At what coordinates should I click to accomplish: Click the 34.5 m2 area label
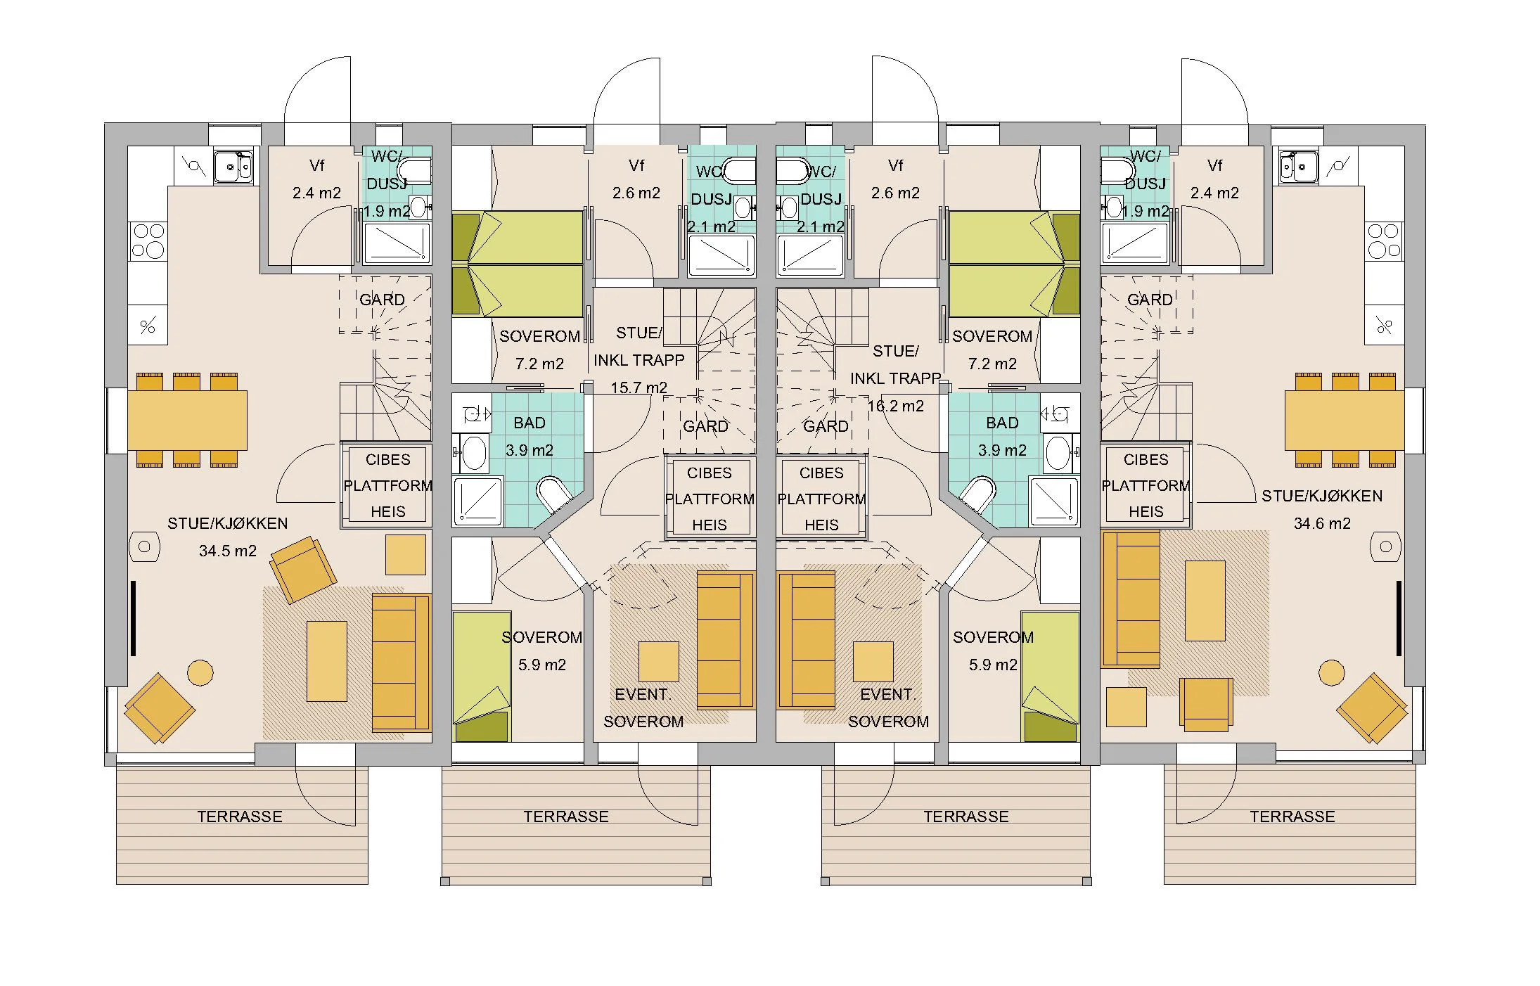(x=227, y=551)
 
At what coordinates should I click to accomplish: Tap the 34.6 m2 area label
(x=1321, y=523)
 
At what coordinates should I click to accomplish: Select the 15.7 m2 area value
(x=639, y=388)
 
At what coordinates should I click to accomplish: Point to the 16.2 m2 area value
(x=895, y=406)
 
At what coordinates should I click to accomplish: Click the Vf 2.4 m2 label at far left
(x=316, y=179)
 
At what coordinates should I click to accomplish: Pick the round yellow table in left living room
(x=200, y=672)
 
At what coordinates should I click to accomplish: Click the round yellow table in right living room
(x=1331, y=672)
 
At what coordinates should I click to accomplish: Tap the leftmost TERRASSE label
(x=239, y=817)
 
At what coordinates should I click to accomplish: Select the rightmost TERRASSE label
(x=1292, y=817)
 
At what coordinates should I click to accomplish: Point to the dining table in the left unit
(x=187, y=421)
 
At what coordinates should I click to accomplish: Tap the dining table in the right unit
(x=1344, y=421)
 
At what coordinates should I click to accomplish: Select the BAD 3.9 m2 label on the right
(x=1002, y=436)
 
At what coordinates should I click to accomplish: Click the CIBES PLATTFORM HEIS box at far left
(x=387, y=485)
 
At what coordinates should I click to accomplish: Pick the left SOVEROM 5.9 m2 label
(x=541, y=651)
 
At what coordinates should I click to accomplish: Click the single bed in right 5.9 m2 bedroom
(x=1050, y=675)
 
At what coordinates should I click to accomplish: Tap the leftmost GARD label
(x=382, y=300)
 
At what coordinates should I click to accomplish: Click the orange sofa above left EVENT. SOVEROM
(x=725, y=640)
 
